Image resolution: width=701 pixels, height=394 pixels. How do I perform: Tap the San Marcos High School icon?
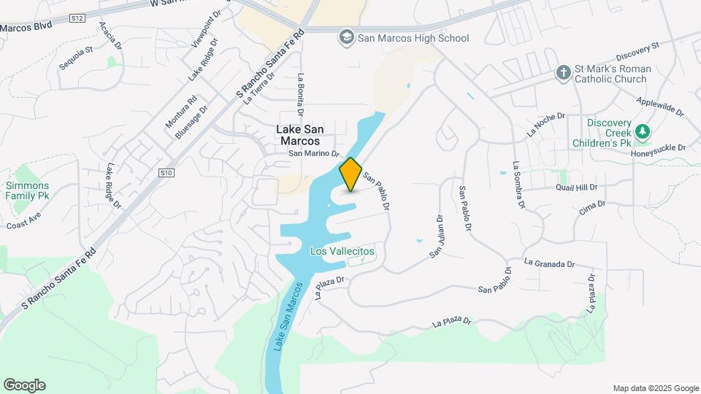[x=346, y=37]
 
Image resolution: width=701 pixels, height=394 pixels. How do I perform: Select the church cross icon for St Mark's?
[x=562, y=73]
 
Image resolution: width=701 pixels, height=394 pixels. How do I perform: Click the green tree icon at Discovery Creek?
[x=643, y=132]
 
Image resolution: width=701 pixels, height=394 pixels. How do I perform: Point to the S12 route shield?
[x=78, y=17]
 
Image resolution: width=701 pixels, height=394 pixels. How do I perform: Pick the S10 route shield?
[x=167, y=173]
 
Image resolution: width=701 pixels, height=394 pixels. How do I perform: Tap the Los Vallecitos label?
[x=342, y=251]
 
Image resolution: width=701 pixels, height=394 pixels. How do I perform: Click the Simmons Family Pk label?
[x=28, y=191]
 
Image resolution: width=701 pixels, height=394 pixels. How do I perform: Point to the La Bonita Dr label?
[x=300, y=95]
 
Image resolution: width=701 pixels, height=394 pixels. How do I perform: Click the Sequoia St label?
[x=77, y=60]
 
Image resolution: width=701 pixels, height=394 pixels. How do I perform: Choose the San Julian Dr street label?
[x=436, y=236]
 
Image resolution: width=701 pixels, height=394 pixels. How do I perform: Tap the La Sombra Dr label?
[x=518, y=185]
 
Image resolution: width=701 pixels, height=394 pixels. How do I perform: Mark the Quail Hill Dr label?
[x=576, y=188]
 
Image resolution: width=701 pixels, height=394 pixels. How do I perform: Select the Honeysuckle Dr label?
[x=659, y=148]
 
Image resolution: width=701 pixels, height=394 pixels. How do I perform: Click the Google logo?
[x=24, y=385]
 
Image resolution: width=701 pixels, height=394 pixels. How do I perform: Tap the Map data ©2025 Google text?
[x=656, y=388]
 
